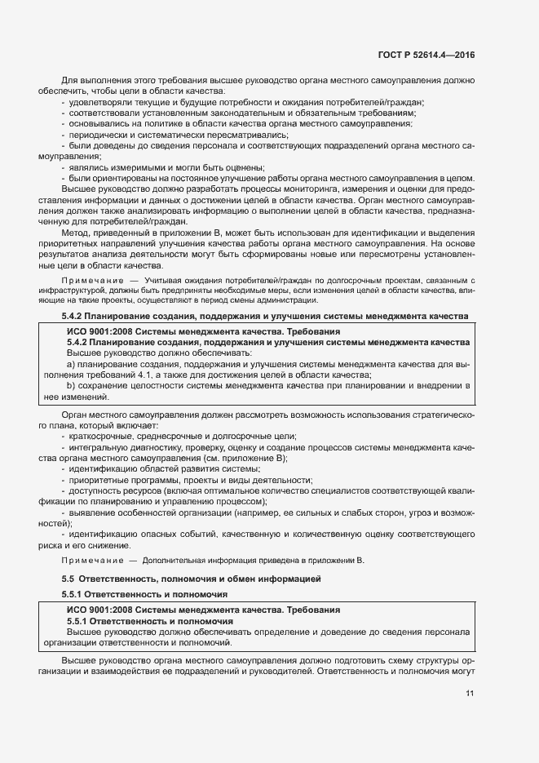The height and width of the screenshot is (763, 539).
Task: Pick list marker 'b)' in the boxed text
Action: pos(71,385)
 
